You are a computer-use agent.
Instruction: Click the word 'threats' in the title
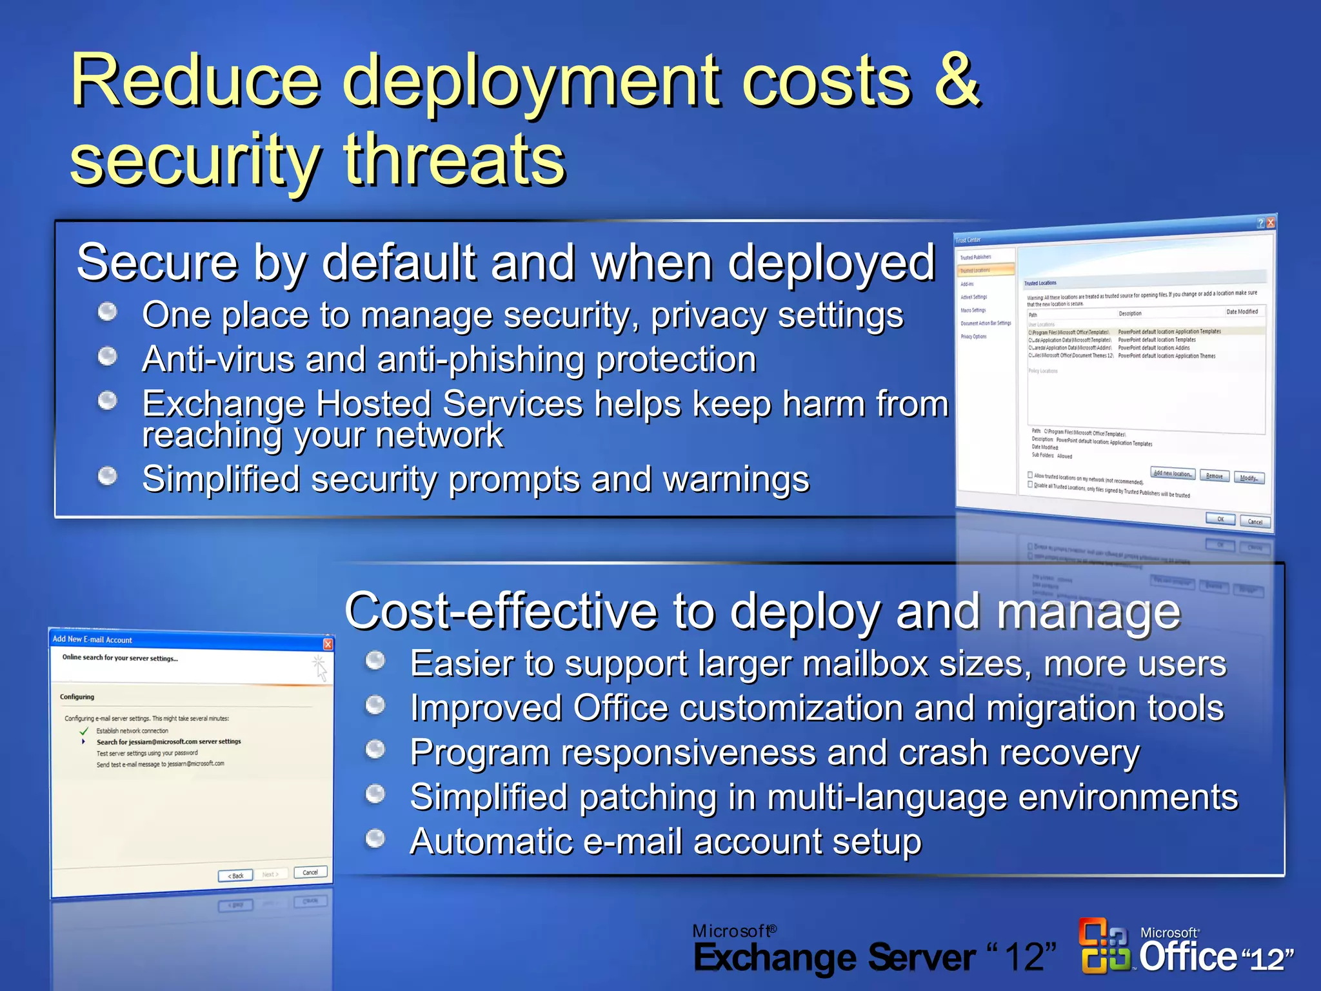point(454,159)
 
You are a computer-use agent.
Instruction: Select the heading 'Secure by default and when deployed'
point(506,263)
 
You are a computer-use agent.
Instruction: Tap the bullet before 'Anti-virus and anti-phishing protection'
point(107,356)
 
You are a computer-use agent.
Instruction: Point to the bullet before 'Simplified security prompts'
point(107,476)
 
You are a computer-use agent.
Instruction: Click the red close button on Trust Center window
point(1270,223)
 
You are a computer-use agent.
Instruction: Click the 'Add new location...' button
point(1172,474)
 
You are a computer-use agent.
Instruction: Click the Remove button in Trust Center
point(1214,476)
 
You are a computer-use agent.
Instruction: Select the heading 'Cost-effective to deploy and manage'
point(762,611)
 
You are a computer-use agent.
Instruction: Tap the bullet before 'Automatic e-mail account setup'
point(375,838)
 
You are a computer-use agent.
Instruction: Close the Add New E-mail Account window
point(328,644)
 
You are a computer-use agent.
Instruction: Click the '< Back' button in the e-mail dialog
point(235,876)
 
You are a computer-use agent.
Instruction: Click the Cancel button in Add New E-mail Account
point(310,872)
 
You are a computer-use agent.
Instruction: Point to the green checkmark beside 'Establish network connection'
point(83,731)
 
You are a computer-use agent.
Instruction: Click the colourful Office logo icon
point(1104,946)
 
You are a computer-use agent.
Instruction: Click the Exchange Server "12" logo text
point(874,956)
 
